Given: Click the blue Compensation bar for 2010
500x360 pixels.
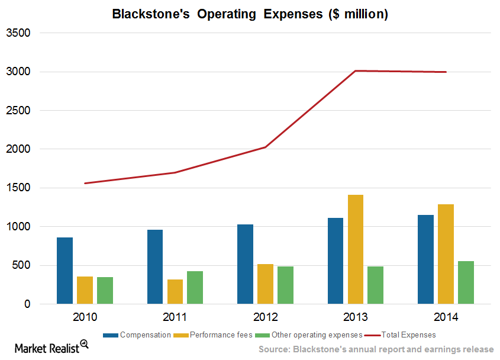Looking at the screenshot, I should [64, 271].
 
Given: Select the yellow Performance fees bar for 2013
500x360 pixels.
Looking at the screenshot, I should [356, 249].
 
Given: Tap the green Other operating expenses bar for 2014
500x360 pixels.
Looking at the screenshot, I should [466, 282].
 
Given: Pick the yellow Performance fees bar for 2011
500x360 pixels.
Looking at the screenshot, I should [175, 291].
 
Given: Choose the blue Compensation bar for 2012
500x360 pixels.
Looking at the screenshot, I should [245, 264].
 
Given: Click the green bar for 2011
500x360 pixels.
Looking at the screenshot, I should [195, 287].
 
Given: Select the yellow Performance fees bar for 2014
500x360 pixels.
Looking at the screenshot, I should [446, 254].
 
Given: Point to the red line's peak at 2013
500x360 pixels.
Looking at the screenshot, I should [356, 71].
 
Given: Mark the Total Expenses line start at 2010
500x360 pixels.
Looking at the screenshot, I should [85, 183].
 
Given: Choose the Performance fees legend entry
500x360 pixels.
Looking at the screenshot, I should [205, 335].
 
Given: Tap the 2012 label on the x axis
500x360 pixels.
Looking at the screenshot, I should [265, 317].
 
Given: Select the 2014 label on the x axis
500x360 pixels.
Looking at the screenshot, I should [446, 317].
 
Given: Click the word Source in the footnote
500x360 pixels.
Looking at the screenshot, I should [278, 349].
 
